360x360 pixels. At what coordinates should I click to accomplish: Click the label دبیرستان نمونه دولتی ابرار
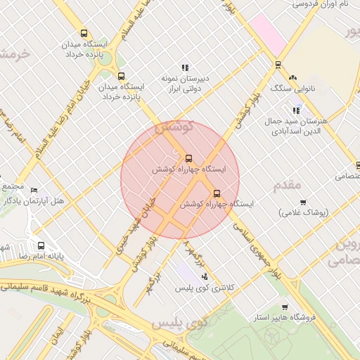tap(188, 84)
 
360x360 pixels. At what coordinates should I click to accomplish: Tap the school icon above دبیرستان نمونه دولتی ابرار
tap(185, 68)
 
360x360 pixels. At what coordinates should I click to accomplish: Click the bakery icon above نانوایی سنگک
tap(293, 77)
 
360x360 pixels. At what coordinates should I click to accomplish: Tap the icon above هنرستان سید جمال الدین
tap(297, 110)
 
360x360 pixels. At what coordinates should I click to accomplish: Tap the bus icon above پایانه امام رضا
tap(41, 246)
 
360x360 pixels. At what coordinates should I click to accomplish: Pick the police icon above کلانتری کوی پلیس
tap(204, 276)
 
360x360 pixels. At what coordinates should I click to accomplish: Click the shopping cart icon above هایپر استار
tap(284, 307)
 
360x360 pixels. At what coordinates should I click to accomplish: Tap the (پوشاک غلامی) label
tap(304, 213)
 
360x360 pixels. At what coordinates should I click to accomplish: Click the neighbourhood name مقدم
tap(287, 184)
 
